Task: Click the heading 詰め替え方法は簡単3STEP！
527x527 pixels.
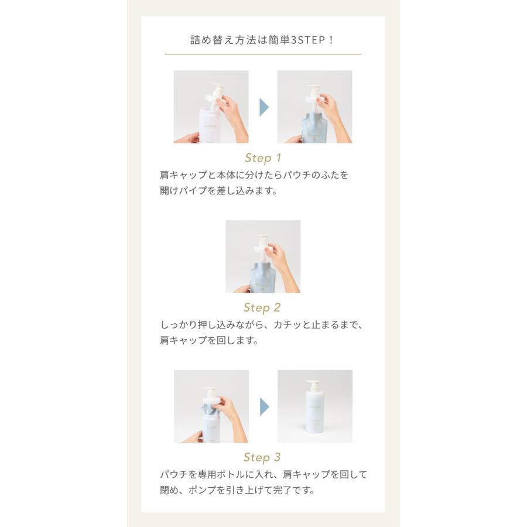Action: point(262,40)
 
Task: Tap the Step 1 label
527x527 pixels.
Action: point(263,158)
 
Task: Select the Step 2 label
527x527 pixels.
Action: point(262,308)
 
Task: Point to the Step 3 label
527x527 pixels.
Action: point(262,458)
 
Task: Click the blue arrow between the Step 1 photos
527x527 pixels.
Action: point(263,107)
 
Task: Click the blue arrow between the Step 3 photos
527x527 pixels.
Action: point(264,406)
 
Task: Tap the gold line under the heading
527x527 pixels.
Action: point(263,54)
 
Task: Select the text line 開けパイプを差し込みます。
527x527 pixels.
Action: point(218,191)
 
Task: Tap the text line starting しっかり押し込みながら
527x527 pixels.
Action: point(261,325)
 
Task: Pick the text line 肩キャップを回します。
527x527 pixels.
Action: point(209,341)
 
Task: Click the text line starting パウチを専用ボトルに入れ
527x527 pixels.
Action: point(263,475)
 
